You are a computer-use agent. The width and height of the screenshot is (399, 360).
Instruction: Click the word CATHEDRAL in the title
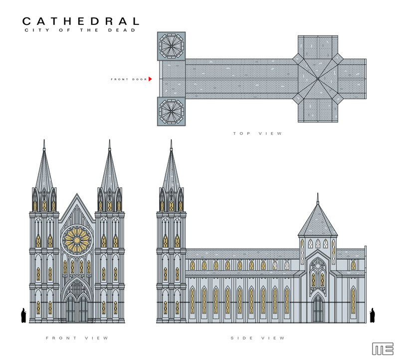[x=80, y=21]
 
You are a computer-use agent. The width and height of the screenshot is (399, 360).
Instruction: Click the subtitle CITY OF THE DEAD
[x=80, y=31]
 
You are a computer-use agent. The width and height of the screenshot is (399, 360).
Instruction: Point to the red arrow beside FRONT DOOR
[x=150, y=79]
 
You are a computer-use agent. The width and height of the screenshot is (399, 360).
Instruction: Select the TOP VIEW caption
[x=257, y=134]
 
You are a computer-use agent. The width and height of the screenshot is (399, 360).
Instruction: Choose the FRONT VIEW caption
[x=77, y=338]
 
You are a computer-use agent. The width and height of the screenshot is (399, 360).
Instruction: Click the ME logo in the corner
[x=383, y=349]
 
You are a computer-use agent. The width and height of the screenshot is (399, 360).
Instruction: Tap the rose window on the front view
[x=77, y=240]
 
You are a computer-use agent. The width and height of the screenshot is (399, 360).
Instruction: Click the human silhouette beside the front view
[x=23, y=315]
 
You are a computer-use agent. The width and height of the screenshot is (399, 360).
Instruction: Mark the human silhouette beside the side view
[x=372, y=315]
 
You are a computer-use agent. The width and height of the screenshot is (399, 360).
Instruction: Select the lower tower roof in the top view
[x=171, y=111]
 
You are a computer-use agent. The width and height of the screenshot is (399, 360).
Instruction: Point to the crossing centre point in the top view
[x=318, y=79]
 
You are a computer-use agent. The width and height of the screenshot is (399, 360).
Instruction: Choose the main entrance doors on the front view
[x=77, y=309]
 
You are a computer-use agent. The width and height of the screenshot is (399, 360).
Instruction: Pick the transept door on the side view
[x=317, y=309]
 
